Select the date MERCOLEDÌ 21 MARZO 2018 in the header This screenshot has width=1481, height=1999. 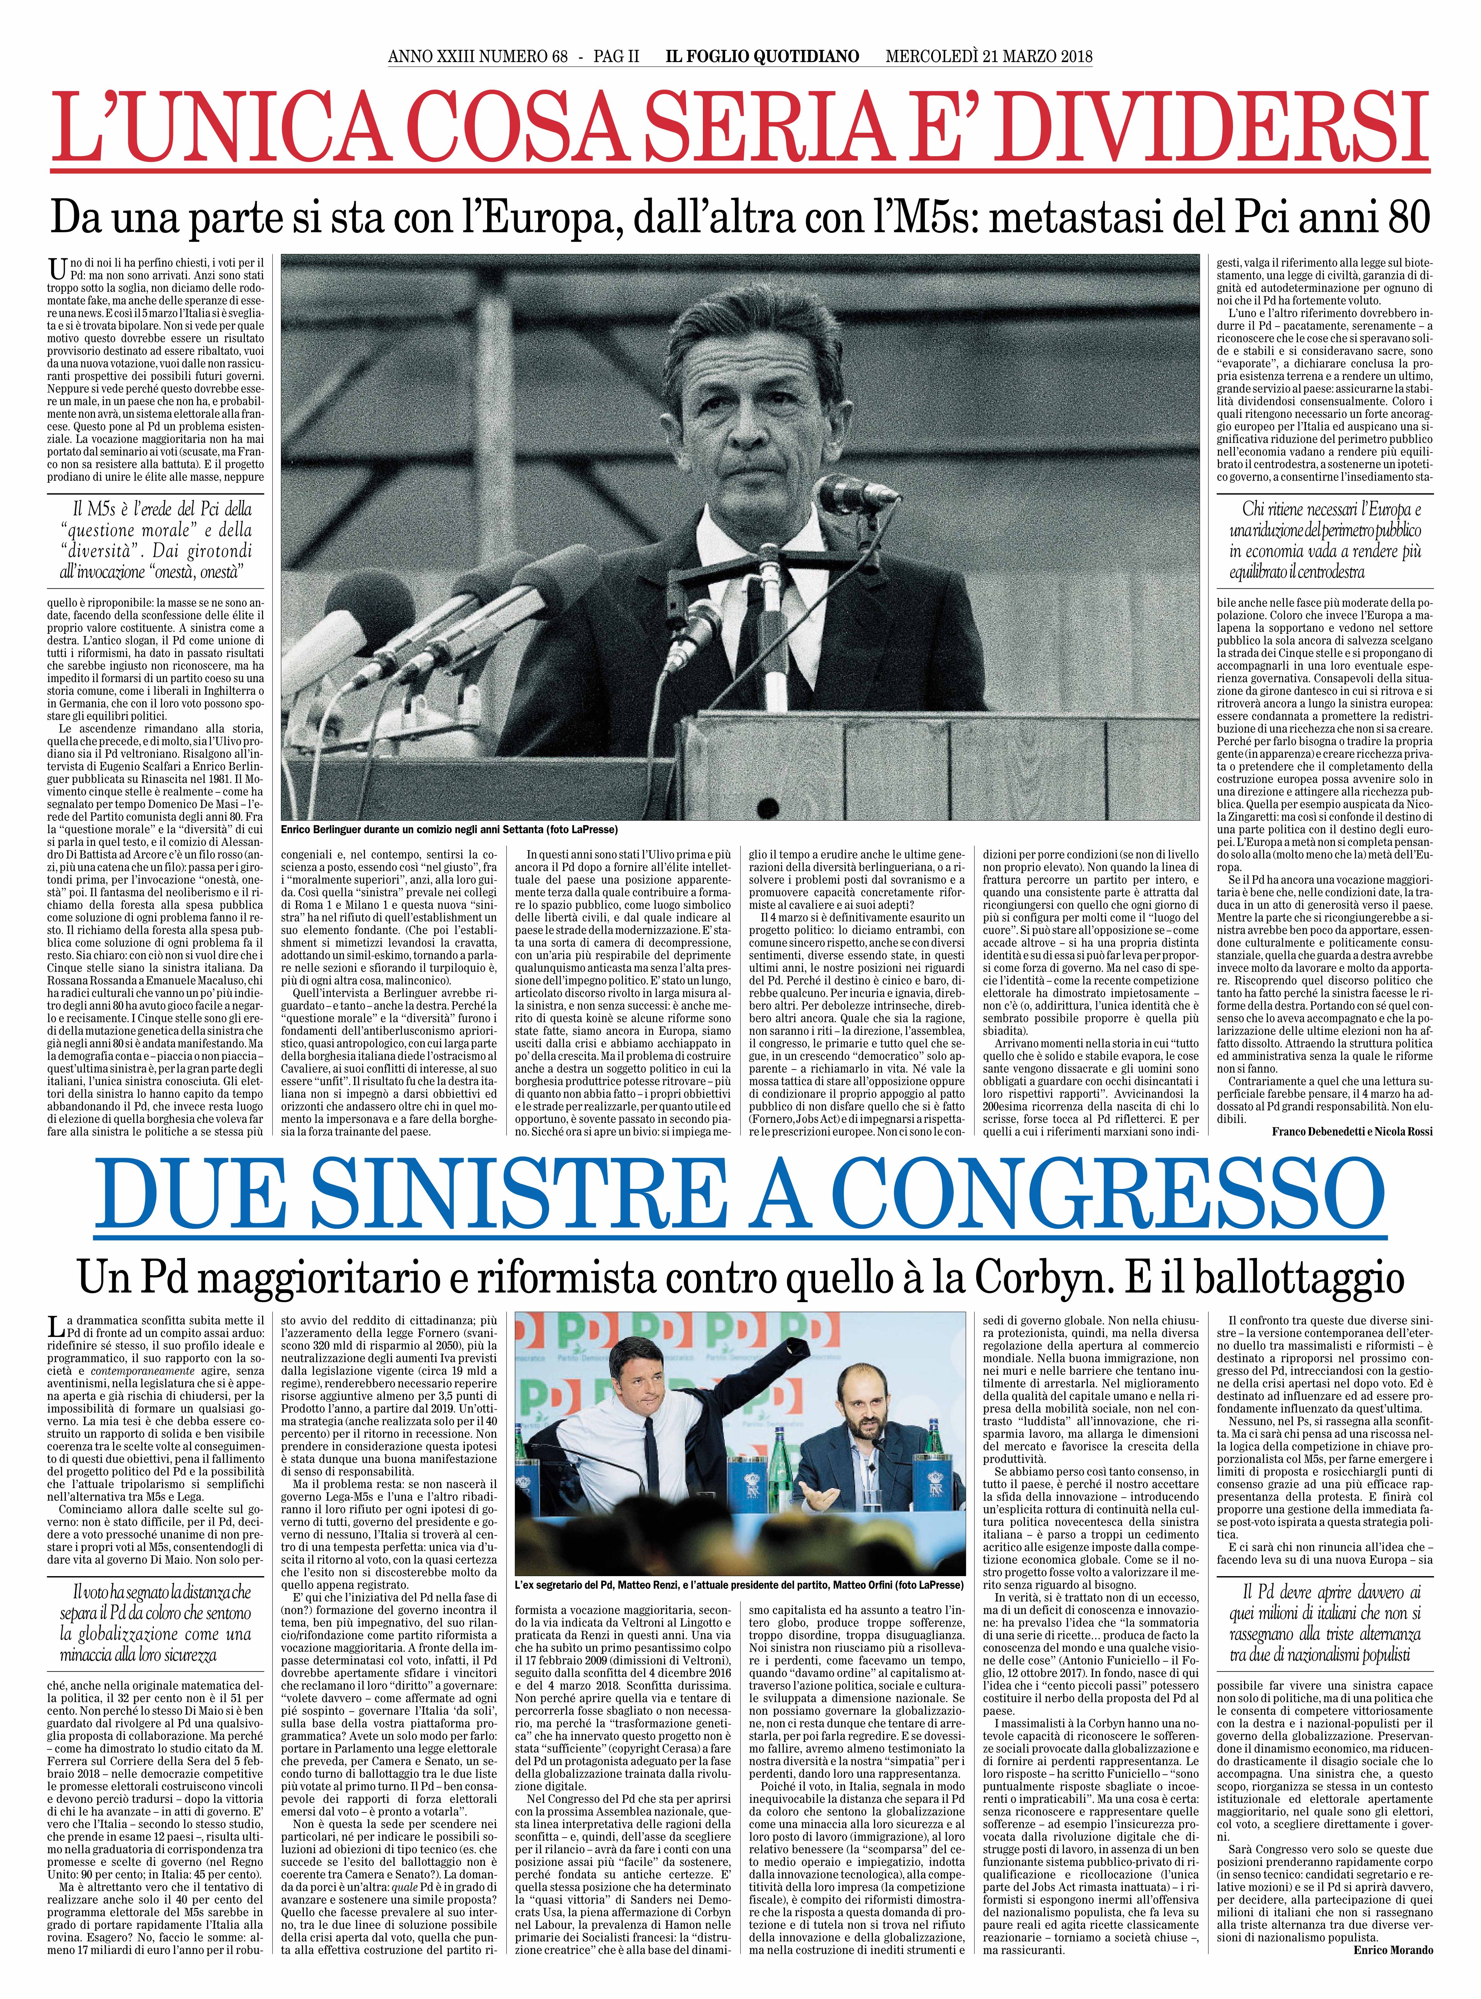[x=989, y=56]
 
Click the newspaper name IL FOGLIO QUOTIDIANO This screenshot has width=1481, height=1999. [x=761, y=56]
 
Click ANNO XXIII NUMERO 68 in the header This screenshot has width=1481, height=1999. [x=478, y=56]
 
